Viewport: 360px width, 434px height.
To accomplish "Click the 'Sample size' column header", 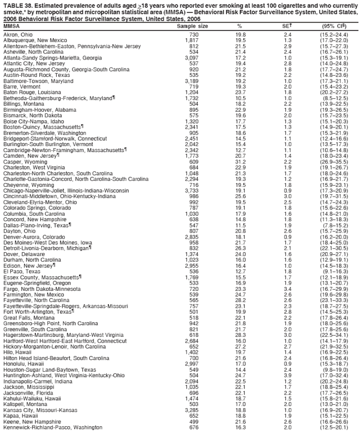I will click(x=192, y=26).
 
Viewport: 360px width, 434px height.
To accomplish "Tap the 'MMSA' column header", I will click(x=11, y=26).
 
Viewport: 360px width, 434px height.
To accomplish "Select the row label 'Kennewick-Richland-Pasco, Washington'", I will click(x=51, y=428).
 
